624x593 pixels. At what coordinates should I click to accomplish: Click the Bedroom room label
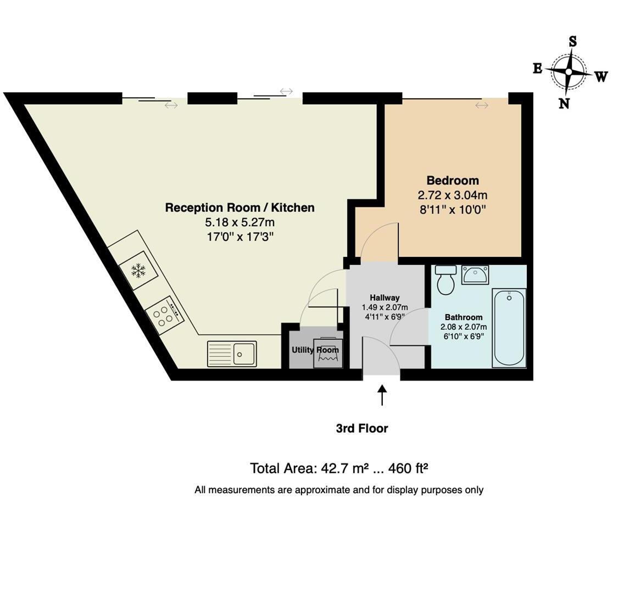click(453, 181)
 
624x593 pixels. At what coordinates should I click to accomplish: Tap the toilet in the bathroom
click(445, 280)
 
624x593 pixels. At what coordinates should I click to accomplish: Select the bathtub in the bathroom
click(509, 328)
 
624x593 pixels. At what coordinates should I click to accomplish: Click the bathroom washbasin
click(475, 275)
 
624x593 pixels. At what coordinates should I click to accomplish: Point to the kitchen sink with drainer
click(232, 354)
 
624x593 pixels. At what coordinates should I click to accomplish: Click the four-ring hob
click(164, 316)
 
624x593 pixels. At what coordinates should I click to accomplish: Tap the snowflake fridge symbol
click(138, 271)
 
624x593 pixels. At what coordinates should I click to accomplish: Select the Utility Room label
click(315, 350)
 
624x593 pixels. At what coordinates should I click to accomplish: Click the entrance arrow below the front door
click(382, 395)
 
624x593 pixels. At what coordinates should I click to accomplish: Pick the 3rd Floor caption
click(362, 428)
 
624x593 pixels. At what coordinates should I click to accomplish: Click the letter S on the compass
click(572, 41)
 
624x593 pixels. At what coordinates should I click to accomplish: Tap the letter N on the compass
click(564, 103)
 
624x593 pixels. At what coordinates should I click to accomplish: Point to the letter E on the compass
click(538, 69)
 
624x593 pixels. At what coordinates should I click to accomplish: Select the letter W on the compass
click(601, 76)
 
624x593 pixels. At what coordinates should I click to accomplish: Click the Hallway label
click(385, 298)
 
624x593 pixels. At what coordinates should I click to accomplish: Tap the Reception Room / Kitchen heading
click(239, 208)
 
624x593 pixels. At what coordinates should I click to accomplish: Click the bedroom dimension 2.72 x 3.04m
click(453, 195)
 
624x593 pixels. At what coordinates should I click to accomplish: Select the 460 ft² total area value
click(408, 468)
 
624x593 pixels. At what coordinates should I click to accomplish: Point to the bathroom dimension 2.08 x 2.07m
click(464, 327)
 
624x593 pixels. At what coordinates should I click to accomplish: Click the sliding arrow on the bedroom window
click(482, 105)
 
